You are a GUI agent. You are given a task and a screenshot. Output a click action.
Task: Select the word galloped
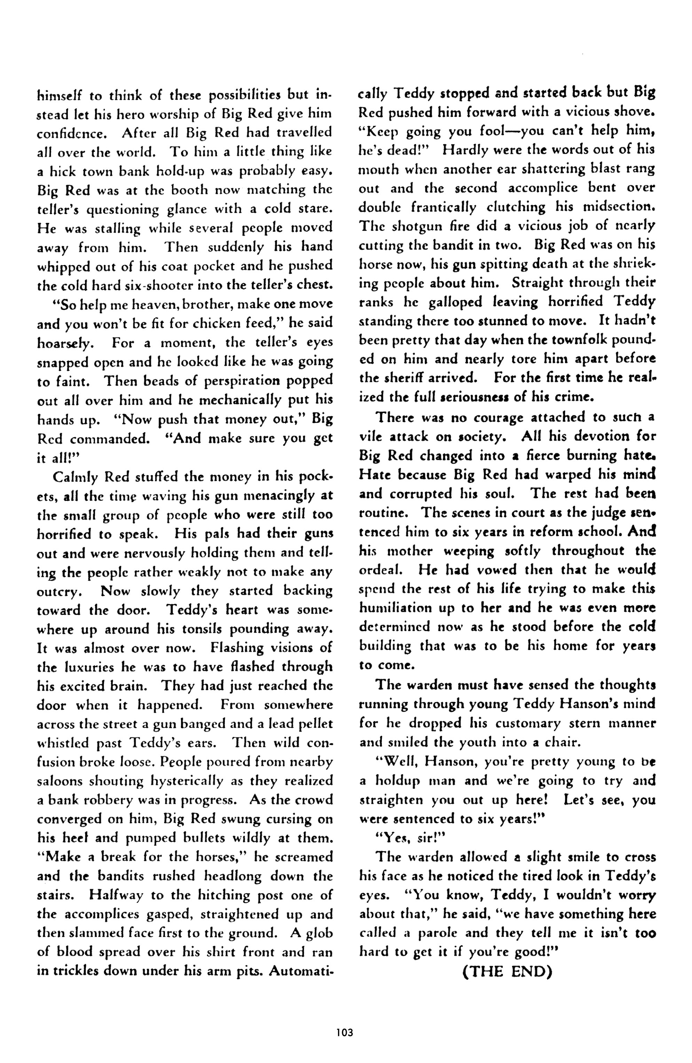click(455, 302)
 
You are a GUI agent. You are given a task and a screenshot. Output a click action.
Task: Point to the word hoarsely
click(65, 343)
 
